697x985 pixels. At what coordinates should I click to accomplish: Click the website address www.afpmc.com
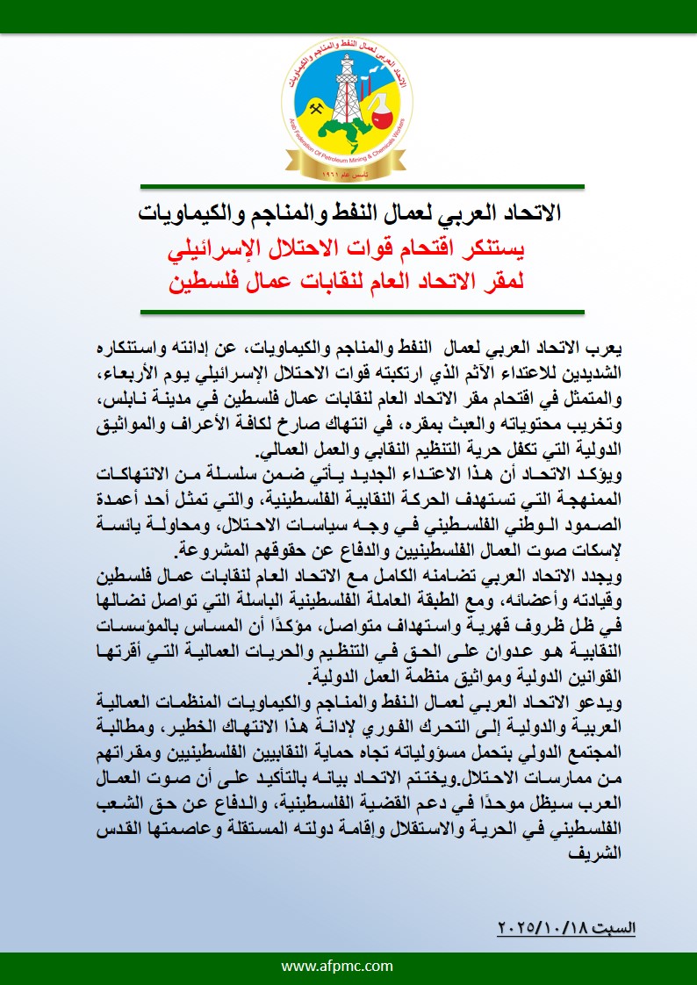tap(348, 966)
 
